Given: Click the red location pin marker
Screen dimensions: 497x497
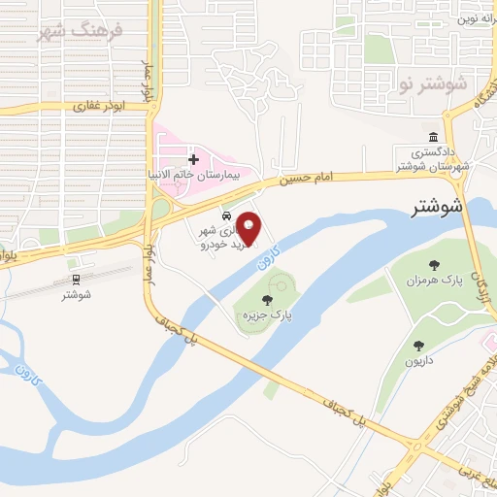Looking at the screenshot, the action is click(x=250, y=228).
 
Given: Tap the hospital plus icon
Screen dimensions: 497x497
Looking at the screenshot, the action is click(x=193, y=158).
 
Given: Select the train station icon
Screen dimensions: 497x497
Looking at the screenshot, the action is click(x=76, y=280).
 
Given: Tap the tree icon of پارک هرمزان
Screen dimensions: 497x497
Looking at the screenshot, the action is click(x=434, y=266).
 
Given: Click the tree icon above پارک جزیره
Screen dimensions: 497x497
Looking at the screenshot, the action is click(x=268, y=300).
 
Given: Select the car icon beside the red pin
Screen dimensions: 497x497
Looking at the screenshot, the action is click(x=225, y=215).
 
